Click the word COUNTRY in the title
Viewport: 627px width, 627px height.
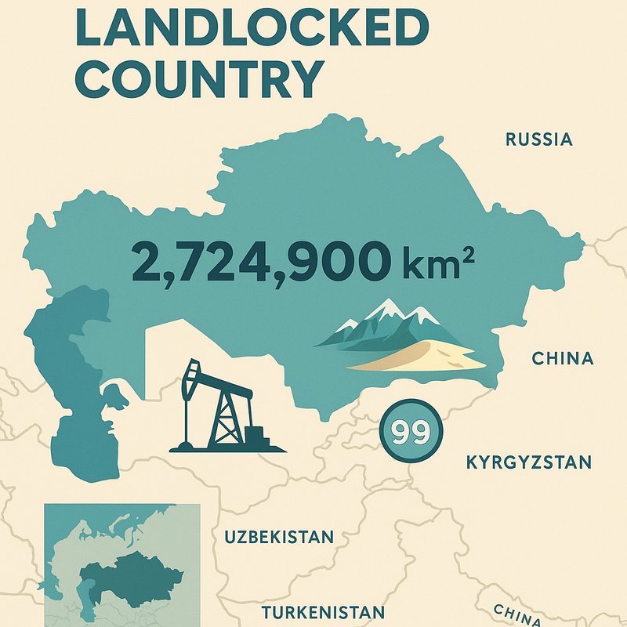tap(201, 78)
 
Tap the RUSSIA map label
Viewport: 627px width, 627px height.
tap(539, 140)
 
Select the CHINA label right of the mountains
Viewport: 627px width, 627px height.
tap(563, 359)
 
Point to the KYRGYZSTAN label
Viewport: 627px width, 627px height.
tap(528, 461)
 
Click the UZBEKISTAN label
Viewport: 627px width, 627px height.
tap(279, 538)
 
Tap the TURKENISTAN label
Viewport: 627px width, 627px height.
tap(323, 612)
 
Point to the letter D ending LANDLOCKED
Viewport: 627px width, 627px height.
tap(406, 28)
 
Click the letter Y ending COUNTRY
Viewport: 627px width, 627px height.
tap(306, 78)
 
